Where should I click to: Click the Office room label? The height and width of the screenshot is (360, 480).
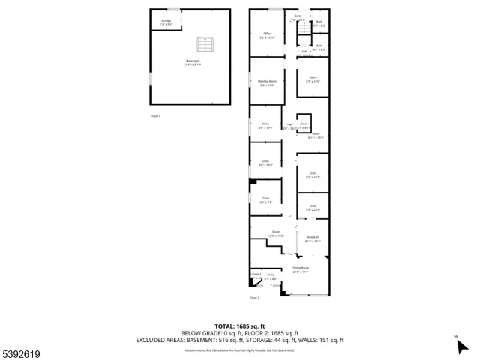267,35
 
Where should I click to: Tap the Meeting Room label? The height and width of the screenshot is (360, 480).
267,84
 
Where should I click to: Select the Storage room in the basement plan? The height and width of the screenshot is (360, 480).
166,22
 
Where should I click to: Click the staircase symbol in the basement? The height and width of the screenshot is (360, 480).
200,42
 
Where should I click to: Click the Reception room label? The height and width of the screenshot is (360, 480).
313,239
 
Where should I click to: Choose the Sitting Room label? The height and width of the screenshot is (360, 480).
301,270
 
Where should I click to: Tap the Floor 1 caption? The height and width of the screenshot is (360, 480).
155,116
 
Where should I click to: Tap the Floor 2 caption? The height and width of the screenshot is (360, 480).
255,298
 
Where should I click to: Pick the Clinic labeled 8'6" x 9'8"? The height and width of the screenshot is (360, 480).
265,200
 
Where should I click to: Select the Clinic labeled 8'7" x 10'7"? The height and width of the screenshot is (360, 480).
313,175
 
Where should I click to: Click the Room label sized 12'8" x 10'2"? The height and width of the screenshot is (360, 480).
275,233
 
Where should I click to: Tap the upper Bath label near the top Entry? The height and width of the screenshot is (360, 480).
319,23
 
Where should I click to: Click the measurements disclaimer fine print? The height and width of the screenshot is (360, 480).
239,348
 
